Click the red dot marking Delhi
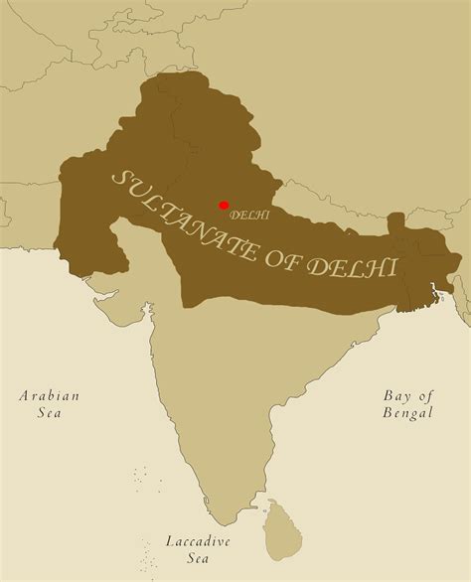(224, 205)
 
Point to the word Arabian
(49, 395)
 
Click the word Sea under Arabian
(49, 413)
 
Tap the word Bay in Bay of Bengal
(396, 394)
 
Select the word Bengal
(408, 412)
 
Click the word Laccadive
(198, 542)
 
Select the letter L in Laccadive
(169, 542)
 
